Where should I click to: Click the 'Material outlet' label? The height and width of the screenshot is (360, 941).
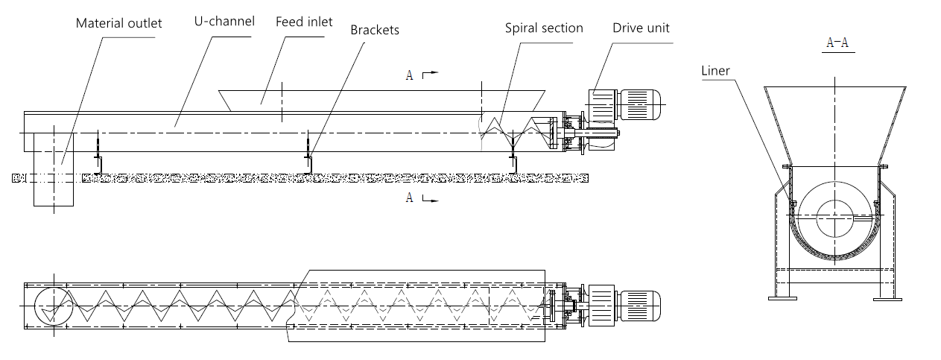119,23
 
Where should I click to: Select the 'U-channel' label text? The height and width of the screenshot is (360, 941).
224,22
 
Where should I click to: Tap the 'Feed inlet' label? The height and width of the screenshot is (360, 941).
304,22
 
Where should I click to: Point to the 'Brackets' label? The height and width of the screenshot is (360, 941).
375,30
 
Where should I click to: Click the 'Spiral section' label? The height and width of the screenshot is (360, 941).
544,28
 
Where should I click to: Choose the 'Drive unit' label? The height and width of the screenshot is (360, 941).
641,28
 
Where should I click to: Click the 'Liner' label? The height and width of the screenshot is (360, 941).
715,71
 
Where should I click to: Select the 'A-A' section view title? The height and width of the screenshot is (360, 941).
837,42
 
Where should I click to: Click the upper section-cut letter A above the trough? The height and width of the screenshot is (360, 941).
410,75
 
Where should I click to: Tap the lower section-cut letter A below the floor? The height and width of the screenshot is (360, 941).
410,198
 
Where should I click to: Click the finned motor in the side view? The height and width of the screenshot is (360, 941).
639,104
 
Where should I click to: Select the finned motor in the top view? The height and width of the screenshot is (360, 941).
639,306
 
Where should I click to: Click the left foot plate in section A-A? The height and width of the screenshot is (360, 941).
782,299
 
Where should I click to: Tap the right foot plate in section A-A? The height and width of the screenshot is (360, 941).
887,299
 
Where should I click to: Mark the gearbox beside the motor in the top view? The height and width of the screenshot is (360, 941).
601,306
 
